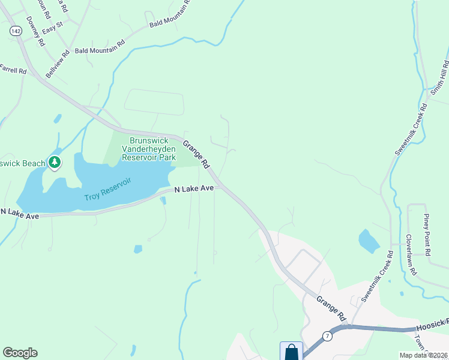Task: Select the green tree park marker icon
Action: [x=55, y=163]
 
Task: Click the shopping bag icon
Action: [x=291, y=351]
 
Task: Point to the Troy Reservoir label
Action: [x=107, y=189]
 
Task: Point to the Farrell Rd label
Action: [x=13, y=70]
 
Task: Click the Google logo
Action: [x=20, y=353]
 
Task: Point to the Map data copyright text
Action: [x=423, y=355]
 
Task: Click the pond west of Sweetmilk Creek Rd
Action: [x=369, y=241]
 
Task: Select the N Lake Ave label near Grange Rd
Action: [x=194, y=188]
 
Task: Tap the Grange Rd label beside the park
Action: [x=196, y=154]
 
